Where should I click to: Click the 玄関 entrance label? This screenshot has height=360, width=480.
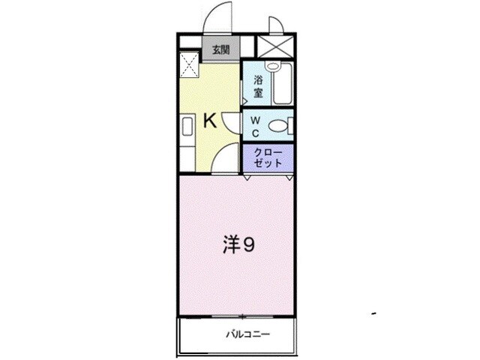pyautogui.click(x=220, y=51)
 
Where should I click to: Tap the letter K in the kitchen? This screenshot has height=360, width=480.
pyautogui.click(x=211, y=120)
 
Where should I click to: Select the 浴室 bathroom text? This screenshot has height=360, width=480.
pyautogui.click(x=258, y=85)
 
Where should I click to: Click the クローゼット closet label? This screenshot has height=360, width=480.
pyautogui.click(x=268, y=157)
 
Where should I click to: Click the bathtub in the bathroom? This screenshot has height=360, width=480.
pyautogui.click(x=283, y=85)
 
